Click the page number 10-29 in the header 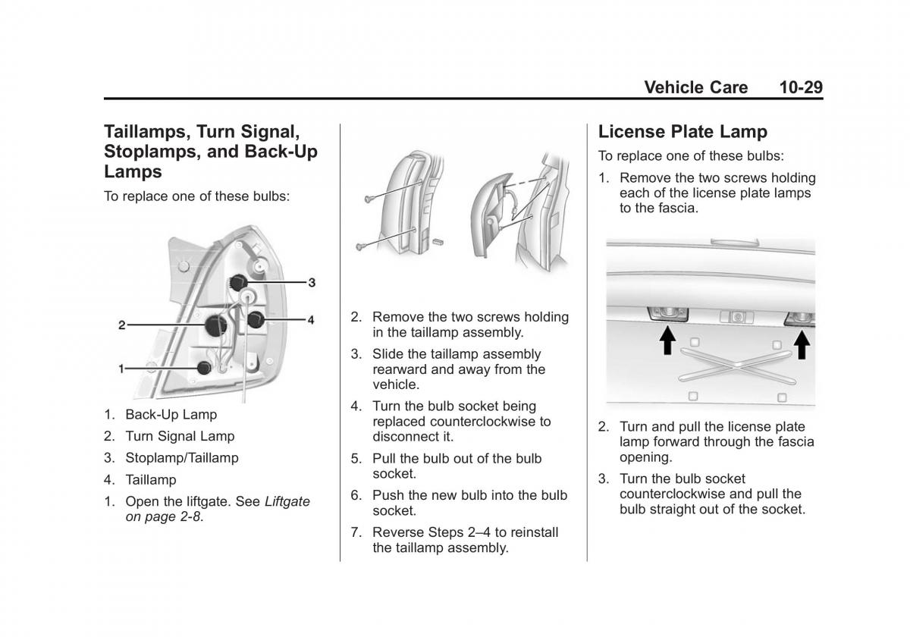pos(799,87)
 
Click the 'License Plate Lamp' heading pos(682,131)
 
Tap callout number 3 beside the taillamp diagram pos(311,282)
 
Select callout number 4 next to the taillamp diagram pos(310,320)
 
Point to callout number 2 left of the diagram pos(121,325)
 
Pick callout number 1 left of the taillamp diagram pos(121,369)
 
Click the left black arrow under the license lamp pos(667,342)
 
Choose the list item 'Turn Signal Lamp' pos(180,436)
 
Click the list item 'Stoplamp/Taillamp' pos(181,458)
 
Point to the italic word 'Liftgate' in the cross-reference pos(287,502)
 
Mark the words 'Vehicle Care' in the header pos(695,87)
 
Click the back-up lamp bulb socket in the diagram pos(203,368)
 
